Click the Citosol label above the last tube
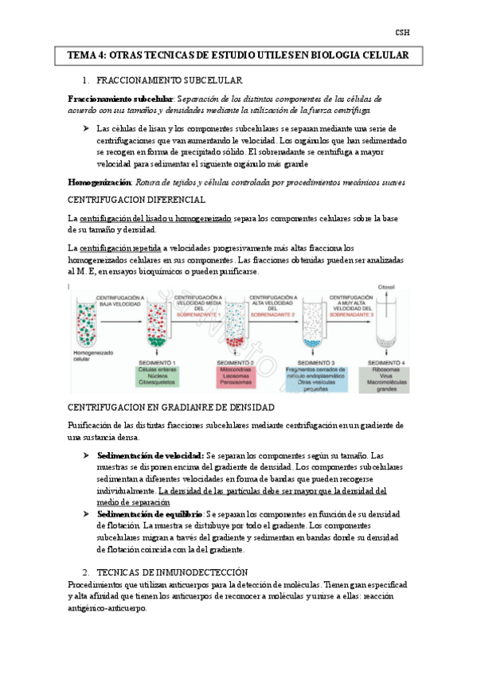coord(386,286)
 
